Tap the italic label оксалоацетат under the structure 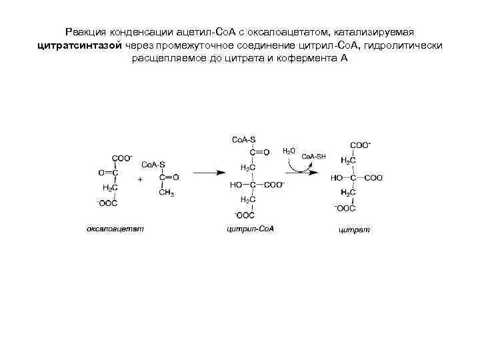point(115,229)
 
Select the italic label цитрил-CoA point(251,229)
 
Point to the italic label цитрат point(354,230)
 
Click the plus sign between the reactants point(140,179)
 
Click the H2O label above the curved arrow point(289,151)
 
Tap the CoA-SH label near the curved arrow point(314,157)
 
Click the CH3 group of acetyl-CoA point(167,193)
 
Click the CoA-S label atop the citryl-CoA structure point(243,140)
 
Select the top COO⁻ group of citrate point(361,145)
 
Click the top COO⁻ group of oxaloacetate point(123,158)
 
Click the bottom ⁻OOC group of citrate point(345,208)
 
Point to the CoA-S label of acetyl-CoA point(153,164)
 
